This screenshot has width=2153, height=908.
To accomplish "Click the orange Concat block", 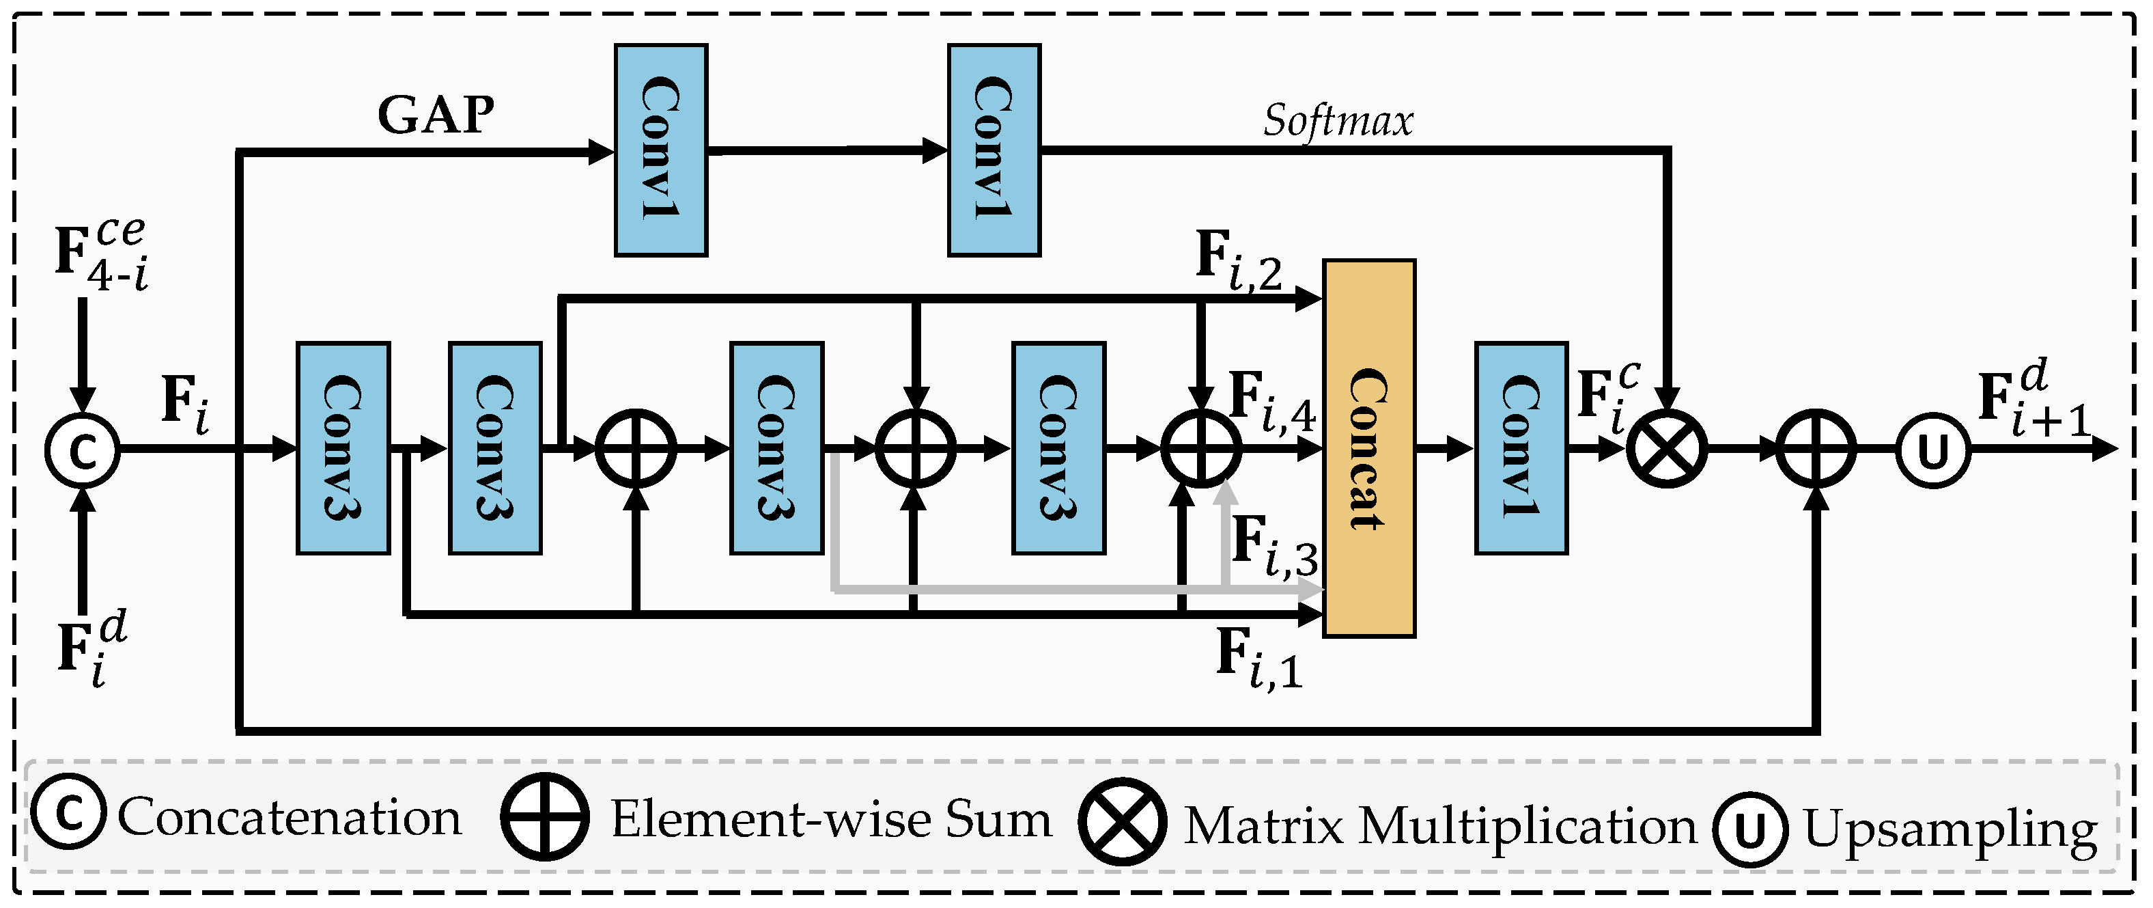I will click(x=1368, y=448).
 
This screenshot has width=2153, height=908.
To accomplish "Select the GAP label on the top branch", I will click(x=436, y=115).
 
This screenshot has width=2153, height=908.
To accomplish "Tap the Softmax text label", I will click(x=1337, y=121).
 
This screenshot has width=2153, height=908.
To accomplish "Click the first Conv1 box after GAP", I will click(x=660, y=150).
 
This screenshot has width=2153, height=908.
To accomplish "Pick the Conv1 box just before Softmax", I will click(x=994, y=150).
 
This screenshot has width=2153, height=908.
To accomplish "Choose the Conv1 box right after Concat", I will click(x=1520, y=448).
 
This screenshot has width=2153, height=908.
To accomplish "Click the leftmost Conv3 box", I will click(x=343, y=448).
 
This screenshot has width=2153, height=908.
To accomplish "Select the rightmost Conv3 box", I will click(x=1058, y=448).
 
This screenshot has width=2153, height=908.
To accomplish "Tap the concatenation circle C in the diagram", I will click(x=82, y=451).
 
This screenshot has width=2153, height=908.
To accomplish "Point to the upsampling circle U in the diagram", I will click(x=1933, y=451).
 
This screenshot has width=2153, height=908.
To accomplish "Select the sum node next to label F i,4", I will click(x=1201, y=449).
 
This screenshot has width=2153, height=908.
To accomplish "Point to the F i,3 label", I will click(x=1273, y=546).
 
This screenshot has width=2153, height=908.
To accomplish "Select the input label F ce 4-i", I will click(x=101, y=254).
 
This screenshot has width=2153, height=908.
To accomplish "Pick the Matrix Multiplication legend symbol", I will click(x=1122, y=823).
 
